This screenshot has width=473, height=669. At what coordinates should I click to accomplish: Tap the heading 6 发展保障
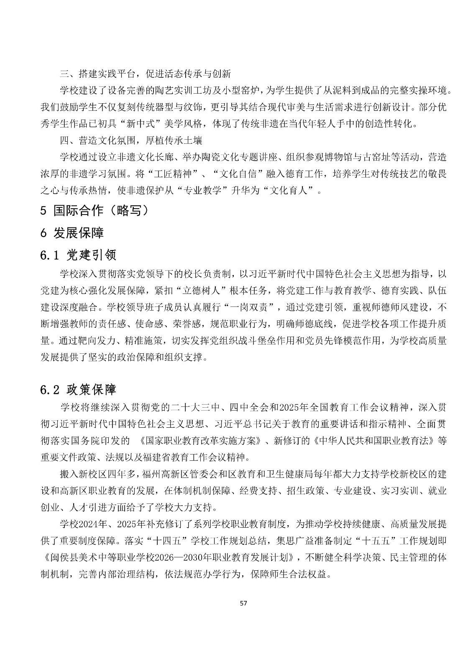72,233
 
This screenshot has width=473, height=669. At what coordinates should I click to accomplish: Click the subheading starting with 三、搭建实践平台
145,74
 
